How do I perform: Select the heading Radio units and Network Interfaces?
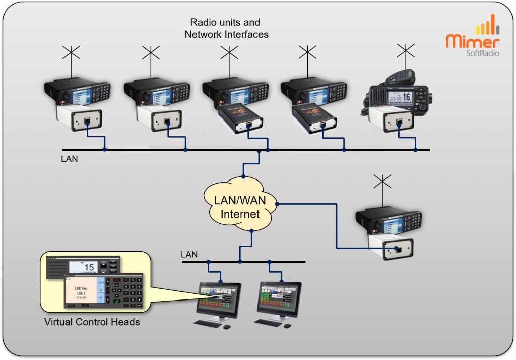point(225,28)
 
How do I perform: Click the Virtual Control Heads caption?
point(92,322)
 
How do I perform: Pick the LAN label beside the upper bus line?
point(70,159)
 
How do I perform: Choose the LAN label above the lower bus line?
point(189,254)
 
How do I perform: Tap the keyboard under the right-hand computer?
point(275,323)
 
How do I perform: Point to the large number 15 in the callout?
point(89,267)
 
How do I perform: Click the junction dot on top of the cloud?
point(243,176)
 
